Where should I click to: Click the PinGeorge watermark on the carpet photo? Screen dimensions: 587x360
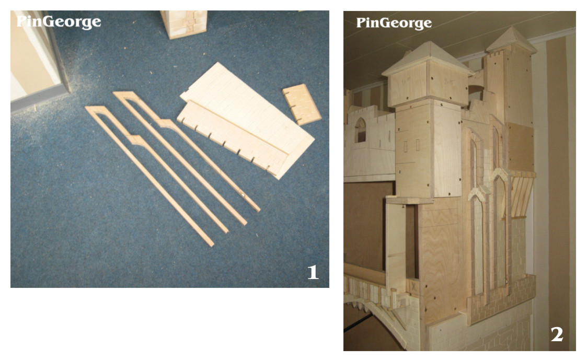coord(59,22)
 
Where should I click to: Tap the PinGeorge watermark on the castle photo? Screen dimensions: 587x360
coord(394,23)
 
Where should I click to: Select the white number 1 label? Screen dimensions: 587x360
coord(313,272)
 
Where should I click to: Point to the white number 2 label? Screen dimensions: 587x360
coord(557,334)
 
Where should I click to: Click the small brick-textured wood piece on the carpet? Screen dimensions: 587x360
coord(302,104)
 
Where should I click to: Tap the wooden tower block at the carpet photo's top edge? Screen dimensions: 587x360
coord(184,24)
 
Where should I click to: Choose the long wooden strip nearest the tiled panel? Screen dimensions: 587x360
coord(186,149)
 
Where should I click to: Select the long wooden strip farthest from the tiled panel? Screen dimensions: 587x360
coord(149,176)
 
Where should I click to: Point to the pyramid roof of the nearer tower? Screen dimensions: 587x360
coord(427,60)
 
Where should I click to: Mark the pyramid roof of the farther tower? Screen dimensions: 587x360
coord(511,39)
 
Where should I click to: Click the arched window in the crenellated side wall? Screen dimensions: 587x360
coord(361,130)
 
